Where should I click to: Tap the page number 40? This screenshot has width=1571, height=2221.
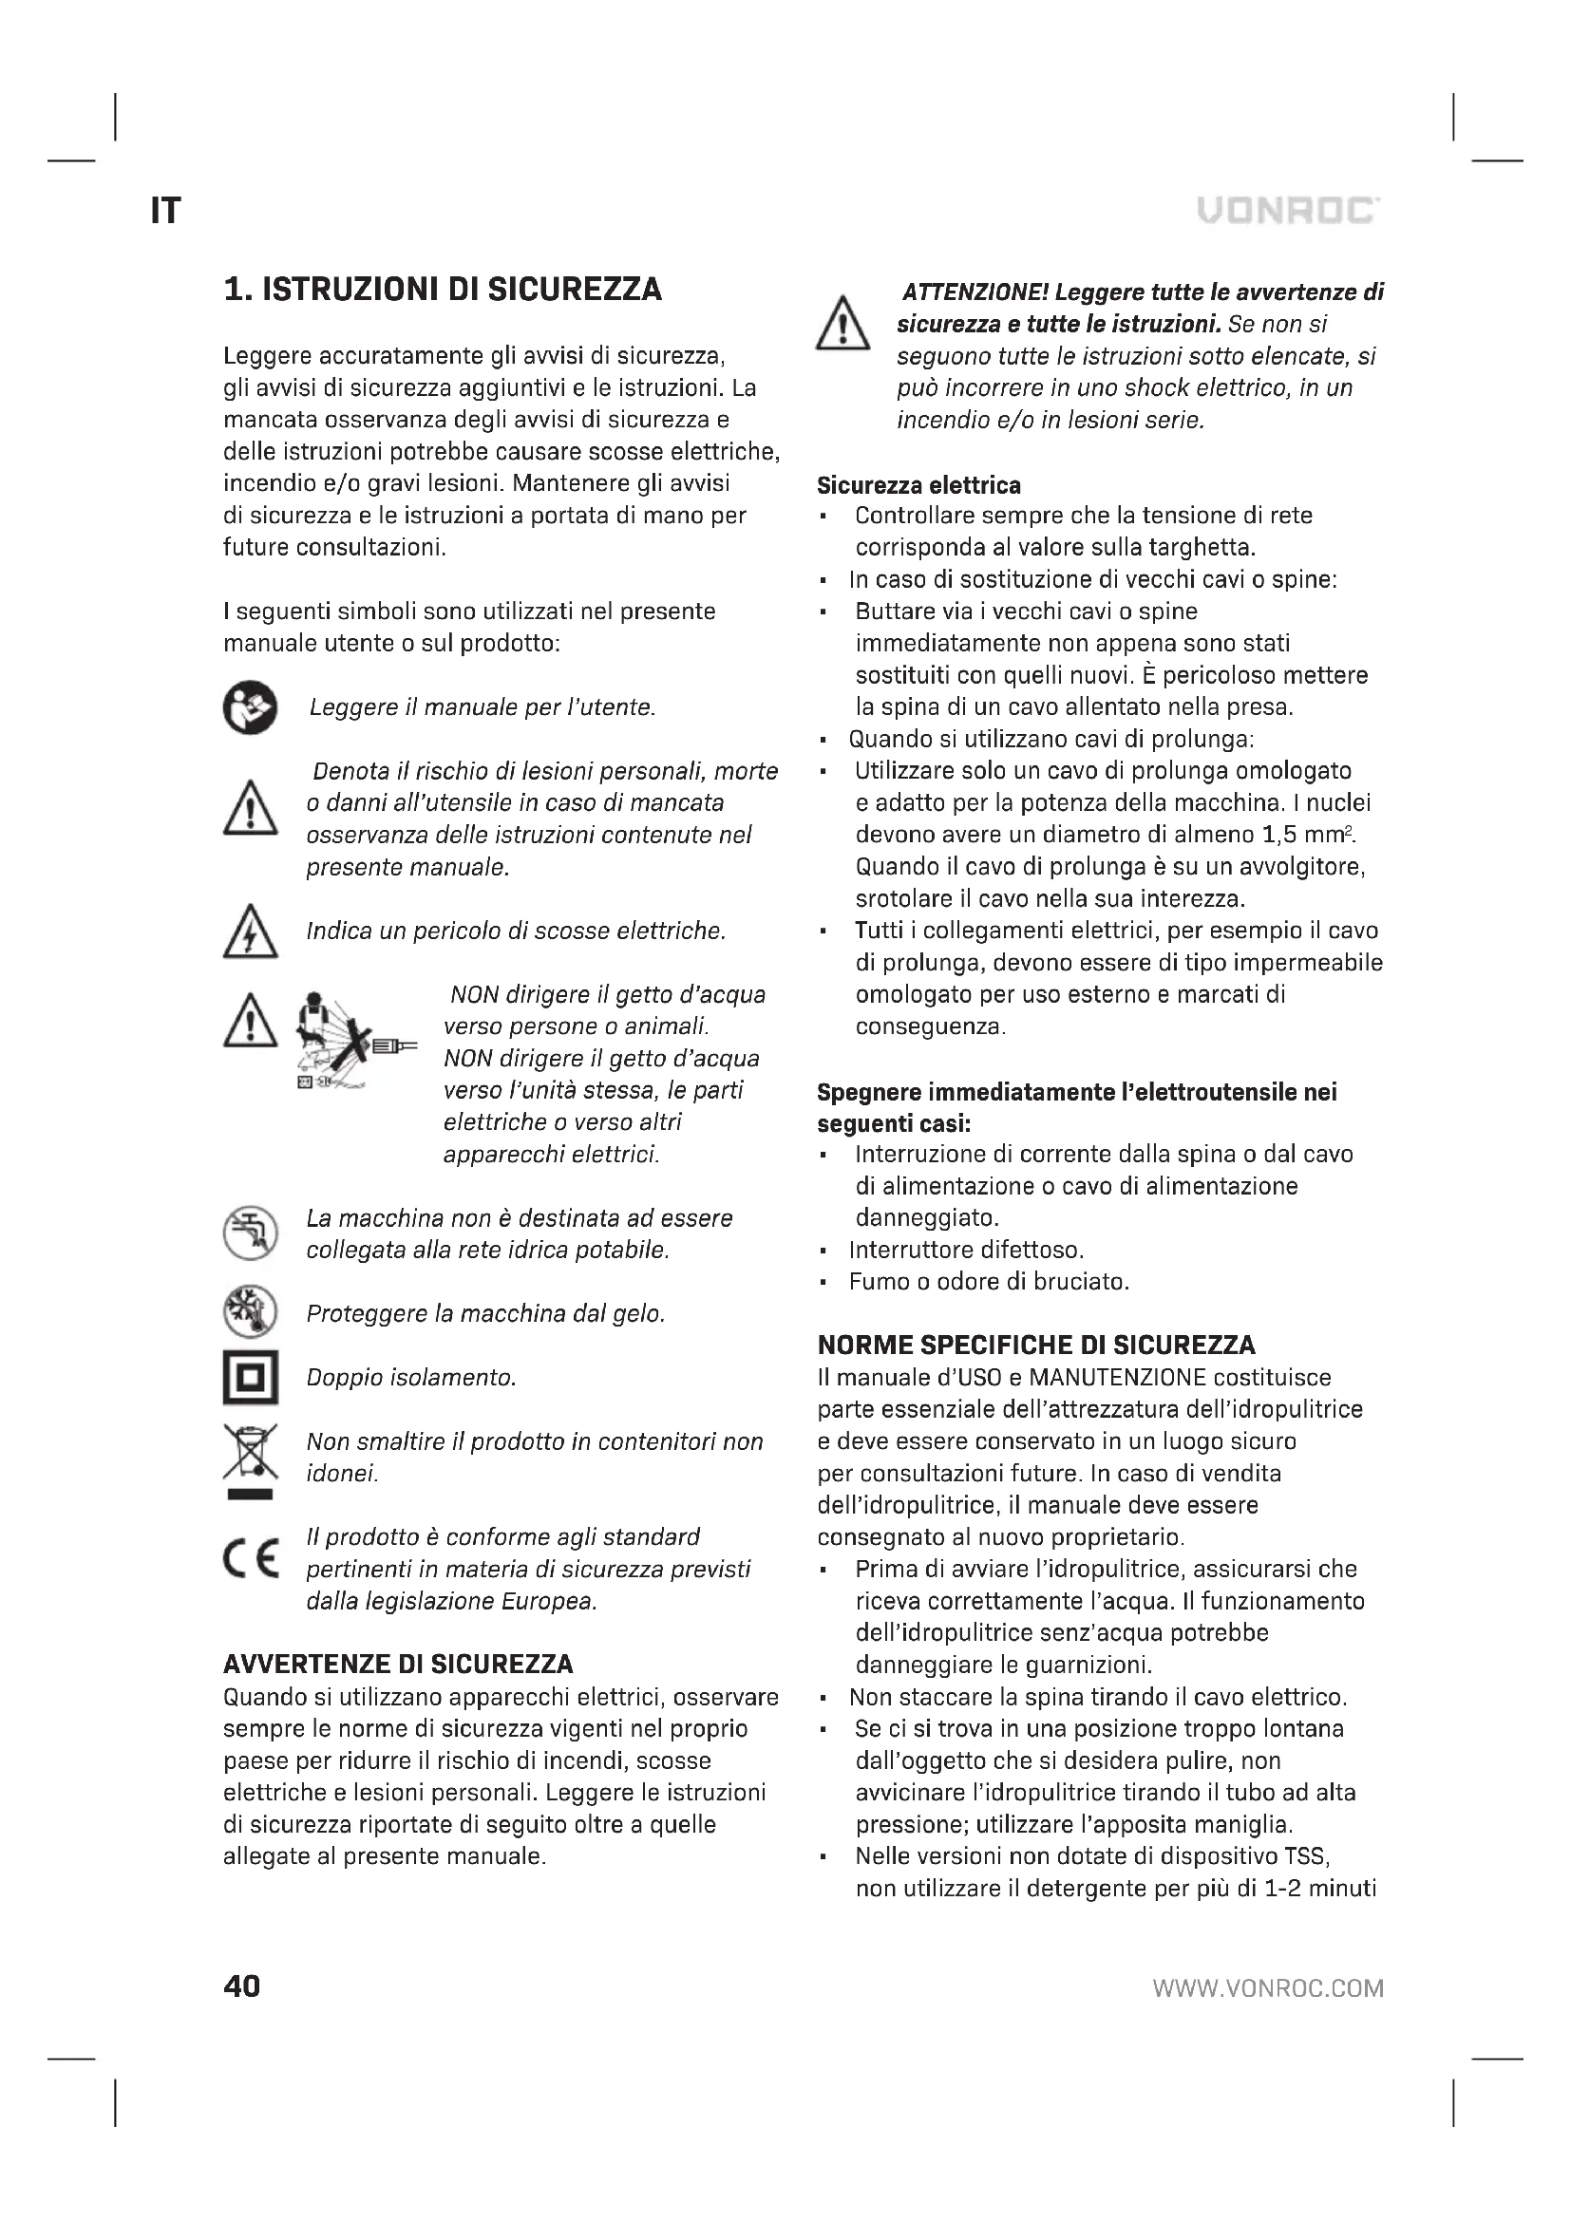(242, 1986)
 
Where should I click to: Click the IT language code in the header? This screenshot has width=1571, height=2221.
(165, 211)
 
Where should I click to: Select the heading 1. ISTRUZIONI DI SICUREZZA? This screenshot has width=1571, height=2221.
(442, 290)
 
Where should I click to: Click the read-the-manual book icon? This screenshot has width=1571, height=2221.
(250, 708)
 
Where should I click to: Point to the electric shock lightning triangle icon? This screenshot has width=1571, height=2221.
(251, 932)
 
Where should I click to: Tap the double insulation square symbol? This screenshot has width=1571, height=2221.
(251, 1378)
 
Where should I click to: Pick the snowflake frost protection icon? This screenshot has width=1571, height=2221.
(251, 1312)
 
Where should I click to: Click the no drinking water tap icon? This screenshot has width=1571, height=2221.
(251, 1233)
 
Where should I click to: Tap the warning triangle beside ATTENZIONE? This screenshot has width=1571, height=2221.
(843, 324)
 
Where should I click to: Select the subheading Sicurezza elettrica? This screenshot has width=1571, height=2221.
(918, 484)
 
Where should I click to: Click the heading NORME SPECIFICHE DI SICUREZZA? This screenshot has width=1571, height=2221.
(1036, 1346)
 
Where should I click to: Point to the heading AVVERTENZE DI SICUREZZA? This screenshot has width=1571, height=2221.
(398, 1665)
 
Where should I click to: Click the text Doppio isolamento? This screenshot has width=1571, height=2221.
(411, 1378)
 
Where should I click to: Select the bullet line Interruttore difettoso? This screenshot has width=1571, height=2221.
(965, 1250)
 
